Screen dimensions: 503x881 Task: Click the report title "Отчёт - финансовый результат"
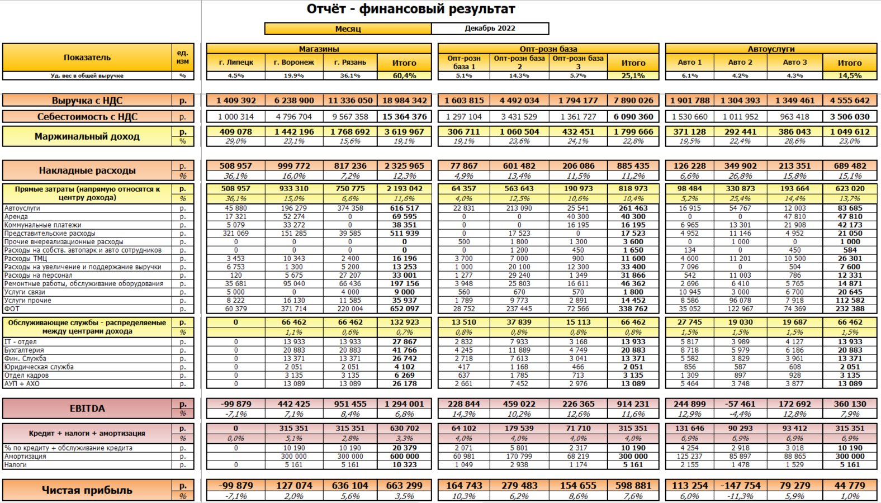[411, 9]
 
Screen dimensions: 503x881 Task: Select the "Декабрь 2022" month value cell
[490, 29]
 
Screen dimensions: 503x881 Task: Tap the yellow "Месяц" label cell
[348, 29]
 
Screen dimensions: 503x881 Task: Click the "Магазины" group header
[319, 49]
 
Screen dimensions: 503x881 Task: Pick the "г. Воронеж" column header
[294, 63]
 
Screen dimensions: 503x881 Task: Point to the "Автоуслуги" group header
[771, 49]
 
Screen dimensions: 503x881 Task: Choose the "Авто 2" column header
[740, 63]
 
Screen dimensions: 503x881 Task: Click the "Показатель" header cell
[87, 58]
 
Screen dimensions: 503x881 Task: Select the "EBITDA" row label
[87, 409]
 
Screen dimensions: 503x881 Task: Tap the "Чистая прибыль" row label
[87, 490]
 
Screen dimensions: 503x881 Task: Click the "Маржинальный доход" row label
[87, 136]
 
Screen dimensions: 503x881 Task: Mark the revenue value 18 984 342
[404, 101]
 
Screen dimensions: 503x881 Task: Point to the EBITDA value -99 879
[235, 404]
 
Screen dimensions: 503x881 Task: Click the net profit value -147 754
[740, 486]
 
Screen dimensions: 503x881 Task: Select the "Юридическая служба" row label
[39, 367]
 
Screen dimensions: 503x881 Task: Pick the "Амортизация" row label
[25, 457]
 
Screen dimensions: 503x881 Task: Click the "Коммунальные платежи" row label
[43, 225]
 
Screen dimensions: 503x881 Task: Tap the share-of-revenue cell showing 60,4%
[404, 75]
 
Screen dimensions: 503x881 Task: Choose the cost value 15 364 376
[404, 117]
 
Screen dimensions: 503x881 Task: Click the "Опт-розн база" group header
[548, 49]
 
